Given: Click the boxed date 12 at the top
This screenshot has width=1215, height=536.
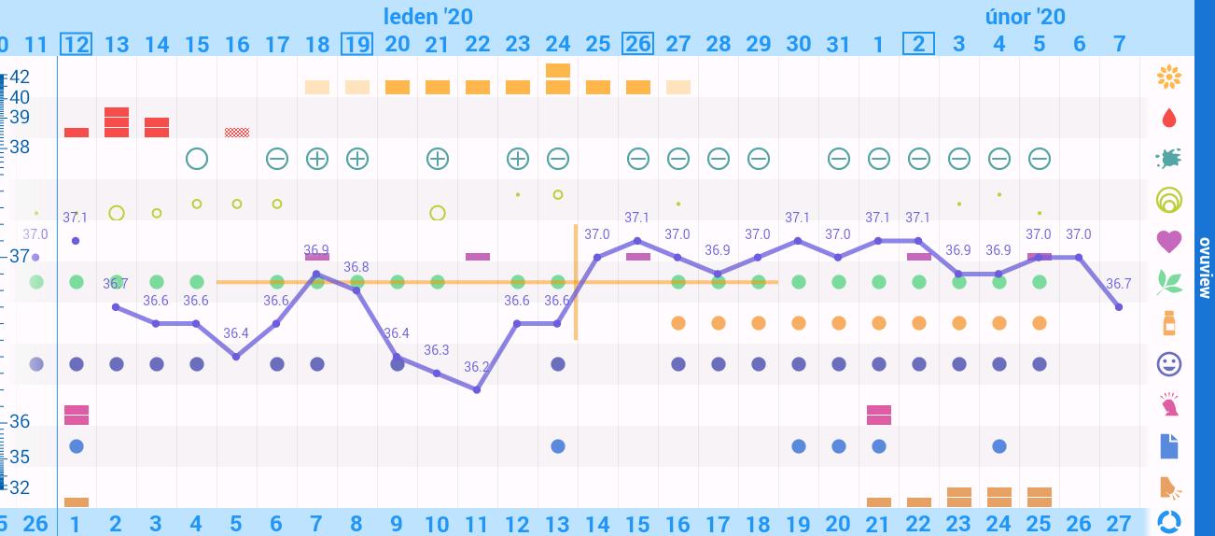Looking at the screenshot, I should click(x=77, y=44).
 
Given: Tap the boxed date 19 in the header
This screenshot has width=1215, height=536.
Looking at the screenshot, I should click(x=357, y=44).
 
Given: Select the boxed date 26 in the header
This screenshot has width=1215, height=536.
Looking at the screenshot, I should click(x=637, y=44).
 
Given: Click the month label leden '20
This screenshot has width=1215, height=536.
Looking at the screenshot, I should click(x=428, y=16).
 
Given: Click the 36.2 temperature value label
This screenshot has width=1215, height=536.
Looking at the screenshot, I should click(x=476, y=367).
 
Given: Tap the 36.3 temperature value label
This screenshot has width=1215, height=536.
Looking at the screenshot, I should click(x=436, y=350).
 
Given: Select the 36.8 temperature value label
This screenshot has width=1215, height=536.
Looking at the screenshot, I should click(x=356, y=267).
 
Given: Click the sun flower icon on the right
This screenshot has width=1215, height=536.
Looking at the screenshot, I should click(x=1168, y=77).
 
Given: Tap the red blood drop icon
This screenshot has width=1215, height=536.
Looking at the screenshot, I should click(x=1168, y=118).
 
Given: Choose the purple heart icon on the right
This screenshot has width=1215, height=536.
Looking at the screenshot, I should click(x=1168, y=241).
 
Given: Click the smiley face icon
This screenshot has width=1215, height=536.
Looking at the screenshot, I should click(x=1168, y=364).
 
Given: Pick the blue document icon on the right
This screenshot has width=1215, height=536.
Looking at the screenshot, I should click(x=1168, y=446).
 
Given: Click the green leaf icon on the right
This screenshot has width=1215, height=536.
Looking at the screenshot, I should click(x=1168, y=282).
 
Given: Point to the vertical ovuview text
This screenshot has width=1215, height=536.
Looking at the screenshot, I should click(x=1204, y=267).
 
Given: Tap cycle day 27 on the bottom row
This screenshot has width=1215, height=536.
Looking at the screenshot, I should click(x=1119, y=523).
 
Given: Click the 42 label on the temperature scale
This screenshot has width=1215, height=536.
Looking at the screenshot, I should click(x=20, y=77).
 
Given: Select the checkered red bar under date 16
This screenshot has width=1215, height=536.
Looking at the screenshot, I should click(x=237, y=133).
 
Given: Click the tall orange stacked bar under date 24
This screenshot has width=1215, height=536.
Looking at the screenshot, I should click(x=558, y=78).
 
